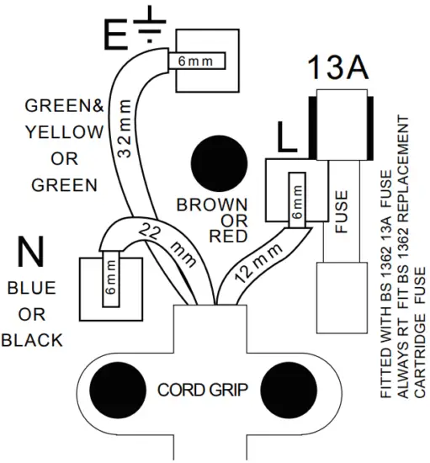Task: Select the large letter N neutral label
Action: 32,252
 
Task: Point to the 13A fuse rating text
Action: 337,67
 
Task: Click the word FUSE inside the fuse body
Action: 340,215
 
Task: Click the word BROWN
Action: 212,205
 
